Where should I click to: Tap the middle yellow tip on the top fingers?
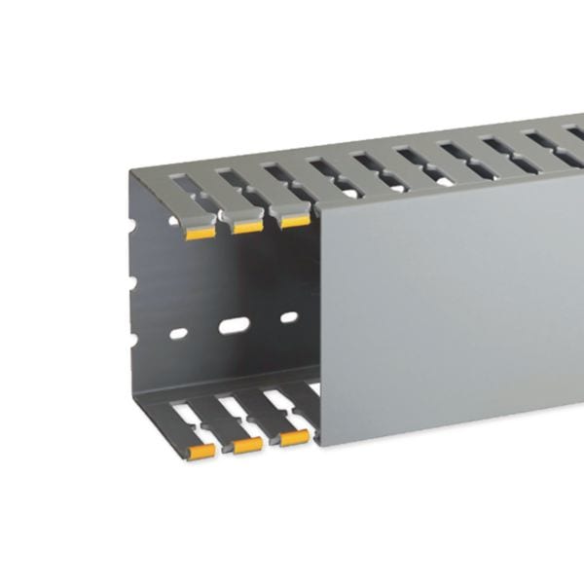tap(246, 227)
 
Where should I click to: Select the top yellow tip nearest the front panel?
tap(294, 221)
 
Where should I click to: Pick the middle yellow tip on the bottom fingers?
tap(247, 445)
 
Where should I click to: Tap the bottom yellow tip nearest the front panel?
tap(295, 438)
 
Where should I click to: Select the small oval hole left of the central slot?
tap(178, 334)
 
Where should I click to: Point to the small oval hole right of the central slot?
tap(289, 317)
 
